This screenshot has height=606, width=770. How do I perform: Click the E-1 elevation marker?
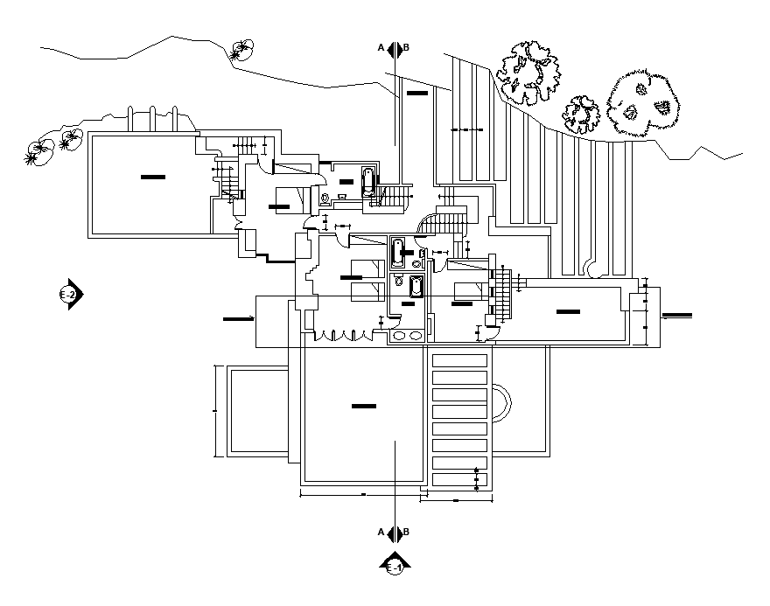click(x=395, y=565)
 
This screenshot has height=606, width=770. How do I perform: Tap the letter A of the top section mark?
click(x=381, y=47)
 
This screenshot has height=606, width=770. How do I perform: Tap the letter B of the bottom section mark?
click(x=407, y=532)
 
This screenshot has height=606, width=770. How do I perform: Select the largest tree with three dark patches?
click(x=643, y=105)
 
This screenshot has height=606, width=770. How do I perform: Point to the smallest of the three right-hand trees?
click(x=580, y=114)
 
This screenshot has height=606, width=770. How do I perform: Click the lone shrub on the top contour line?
click(x=241, y=51)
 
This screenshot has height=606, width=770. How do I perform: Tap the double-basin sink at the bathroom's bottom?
click(x=406, y=335)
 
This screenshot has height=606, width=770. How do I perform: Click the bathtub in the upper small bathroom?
click(x=370, y=185)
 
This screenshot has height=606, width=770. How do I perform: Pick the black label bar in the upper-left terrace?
click(x=152, y=178)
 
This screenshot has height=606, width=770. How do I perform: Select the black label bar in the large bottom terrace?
click(x=363, y=406)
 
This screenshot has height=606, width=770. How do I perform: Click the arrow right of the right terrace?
click(x=675, y=315)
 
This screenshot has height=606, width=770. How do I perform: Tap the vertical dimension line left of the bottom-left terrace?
click(x=215, y=410)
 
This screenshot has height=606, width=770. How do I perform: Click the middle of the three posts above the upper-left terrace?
click(x=153, y=120)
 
